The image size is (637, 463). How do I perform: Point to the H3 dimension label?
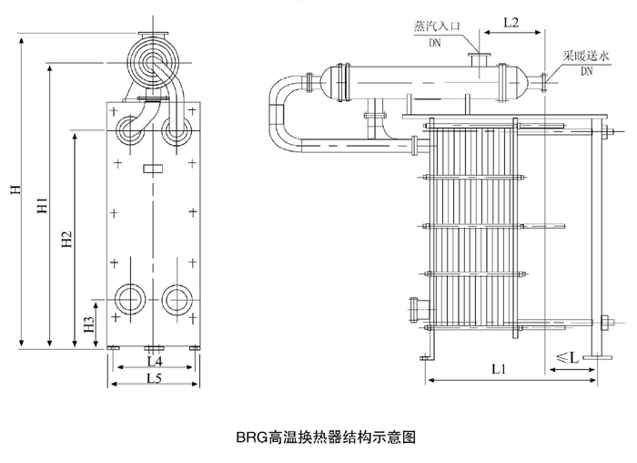pyautogui.click(x=88, y=324)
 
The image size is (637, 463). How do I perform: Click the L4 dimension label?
pyautogui.click(x=154, y=363)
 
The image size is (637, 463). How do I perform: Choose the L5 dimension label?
pyautogui.click(x=154, y=378)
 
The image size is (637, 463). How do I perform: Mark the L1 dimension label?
pyautogui.click(x=499, y=370)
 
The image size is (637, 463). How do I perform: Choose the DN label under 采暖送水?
pyautogui.click(x=587, y=68)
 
